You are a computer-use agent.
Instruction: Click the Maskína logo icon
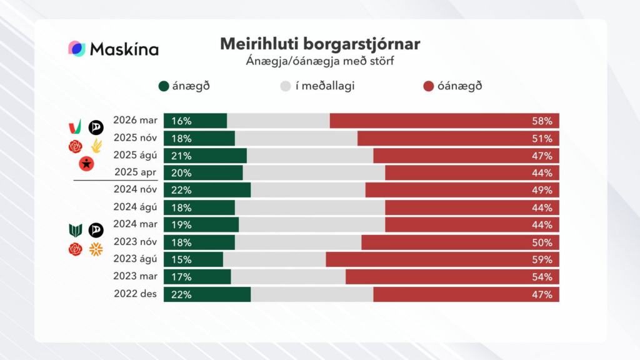(76, 49)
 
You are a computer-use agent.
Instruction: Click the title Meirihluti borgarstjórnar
(320, 44)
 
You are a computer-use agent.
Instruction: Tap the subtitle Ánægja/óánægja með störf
(320, 61)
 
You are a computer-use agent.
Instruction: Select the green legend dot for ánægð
(164, 86)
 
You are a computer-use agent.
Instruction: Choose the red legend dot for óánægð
(428, 86)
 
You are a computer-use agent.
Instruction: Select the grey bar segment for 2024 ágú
(310, 207)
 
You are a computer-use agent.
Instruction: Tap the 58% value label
(542, 121)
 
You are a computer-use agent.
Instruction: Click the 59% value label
(542, 259)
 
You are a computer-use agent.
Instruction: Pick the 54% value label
(542, 277)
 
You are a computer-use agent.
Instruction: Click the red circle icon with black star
(86, 164)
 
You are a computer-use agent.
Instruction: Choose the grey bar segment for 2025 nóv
(296, 138)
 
